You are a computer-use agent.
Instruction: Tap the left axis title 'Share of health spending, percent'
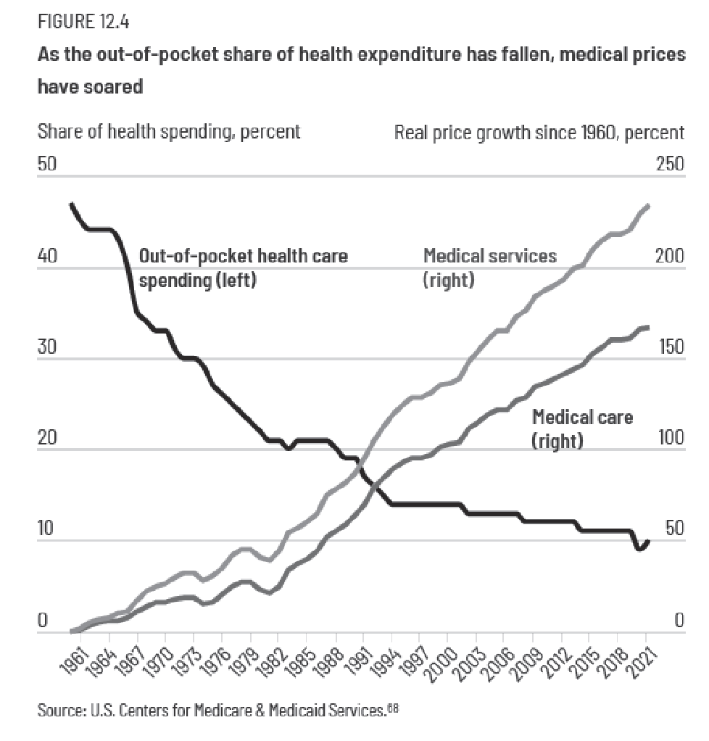168,133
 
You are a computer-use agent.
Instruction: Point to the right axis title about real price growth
539,133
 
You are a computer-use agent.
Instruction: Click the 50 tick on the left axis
47,165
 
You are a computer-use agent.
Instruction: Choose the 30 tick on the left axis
47,347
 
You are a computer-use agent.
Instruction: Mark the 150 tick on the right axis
670,347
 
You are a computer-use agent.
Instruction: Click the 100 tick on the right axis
670,438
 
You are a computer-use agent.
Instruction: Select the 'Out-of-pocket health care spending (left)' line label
243,268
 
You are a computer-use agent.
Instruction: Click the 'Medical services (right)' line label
490,267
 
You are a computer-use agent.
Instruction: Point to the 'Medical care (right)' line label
582,429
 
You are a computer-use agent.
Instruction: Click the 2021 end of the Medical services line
647,206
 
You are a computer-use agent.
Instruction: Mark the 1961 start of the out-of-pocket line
71,204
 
